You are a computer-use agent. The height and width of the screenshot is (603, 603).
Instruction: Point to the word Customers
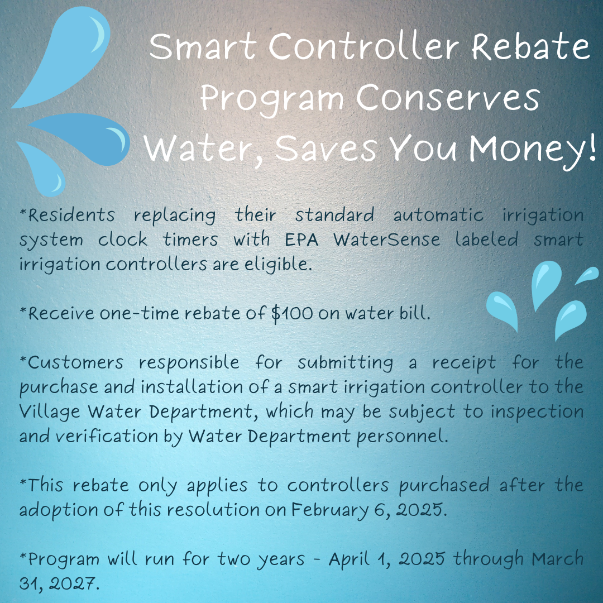click(x=75, y=362)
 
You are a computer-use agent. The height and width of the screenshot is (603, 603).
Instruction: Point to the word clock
click(x=123, y=240)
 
